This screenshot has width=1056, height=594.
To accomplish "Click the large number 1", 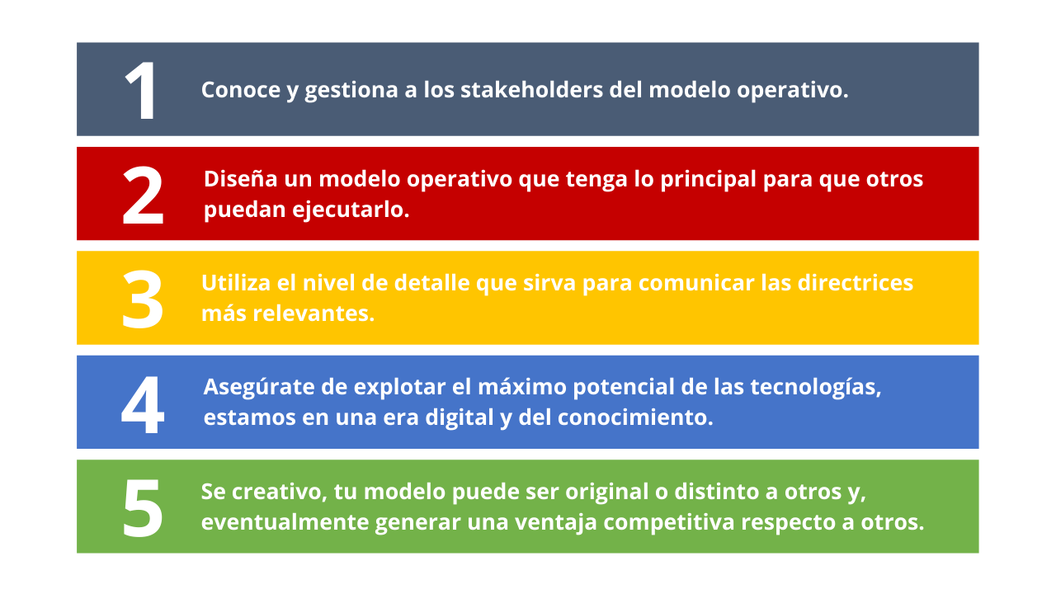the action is pyautogui.click(x=141, y=91).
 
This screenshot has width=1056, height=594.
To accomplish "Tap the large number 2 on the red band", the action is pyautogui.click(x=143, y=196).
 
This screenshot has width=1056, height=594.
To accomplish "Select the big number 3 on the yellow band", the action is pyautogui.click(x=143, y=299).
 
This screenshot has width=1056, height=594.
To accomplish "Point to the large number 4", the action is pyautogui.click(x=143, y=404).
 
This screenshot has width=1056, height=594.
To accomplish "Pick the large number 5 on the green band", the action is pyautogui.click(x=143, y=508).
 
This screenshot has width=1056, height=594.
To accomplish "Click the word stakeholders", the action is pyautogui.click(x=531, y=90).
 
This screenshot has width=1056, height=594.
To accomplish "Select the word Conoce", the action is pyautogui.click(x=241, y=90).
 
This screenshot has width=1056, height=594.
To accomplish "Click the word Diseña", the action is pyautogui.click(x=240, y=179).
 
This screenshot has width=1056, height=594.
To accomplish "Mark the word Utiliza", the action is pyautogui.click(x=236, y=283).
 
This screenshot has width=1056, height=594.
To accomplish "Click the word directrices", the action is pyautogui.click(x=856, y=283).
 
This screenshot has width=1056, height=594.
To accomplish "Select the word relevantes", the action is pyautogui.click(x=313, y=313).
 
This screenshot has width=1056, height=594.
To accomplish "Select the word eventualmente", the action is pyautogui.click(x=285, y=522).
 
